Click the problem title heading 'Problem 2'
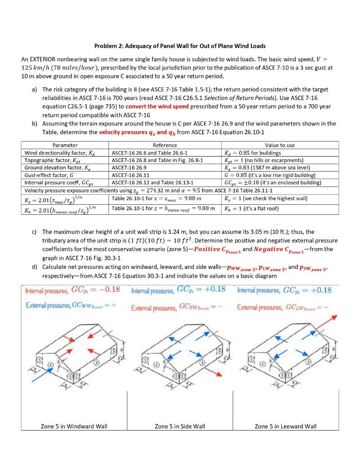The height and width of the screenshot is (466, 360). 180,46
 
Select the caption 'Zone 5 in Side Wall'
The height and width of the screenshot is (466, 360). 180,426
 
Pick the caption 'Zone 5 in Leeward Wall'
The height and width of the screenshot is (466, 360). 285,426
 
